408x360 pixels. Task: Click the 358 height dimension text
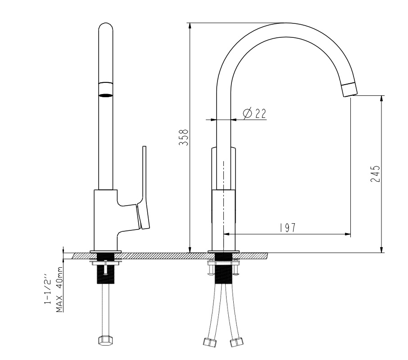pyautogui.click(x=184, y=137)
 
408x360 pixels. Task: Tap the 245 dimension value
pyautogui.click(x=375, y=174)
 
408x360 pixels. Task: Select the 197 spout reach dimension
pyautogui.click(x=288, y=228)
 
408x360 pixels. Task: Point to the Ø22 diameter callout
pyautogui.click(x=255, y=113)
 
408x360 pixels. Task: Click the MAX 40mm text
pyautogui.click(x=59, y=289)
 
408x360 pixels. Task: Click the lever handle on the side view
pyautogui.click(x=144, y=188)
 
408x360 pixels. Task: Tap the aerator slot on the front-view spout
pyautogui.click(x=106, y=95)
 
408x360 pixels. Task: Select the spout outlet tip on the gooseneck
pyautogui.click(x=350, y=90)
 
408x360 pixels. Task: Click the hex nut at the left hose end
pyautogui.click(x=106, y=340)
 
